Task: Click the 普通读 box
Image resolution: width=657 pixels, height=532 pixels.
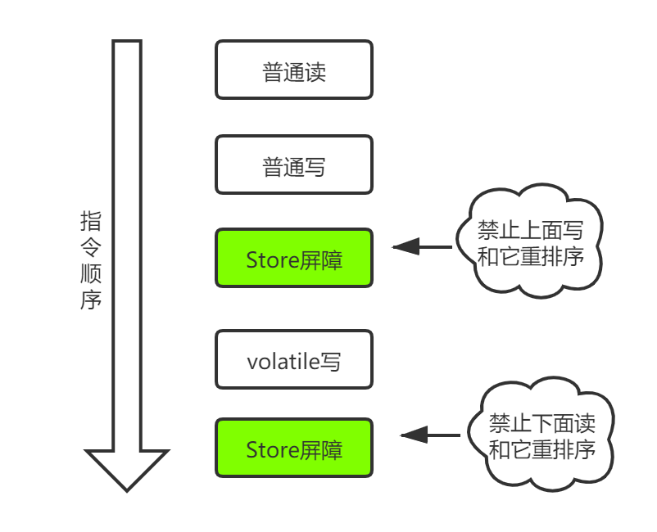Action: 294,70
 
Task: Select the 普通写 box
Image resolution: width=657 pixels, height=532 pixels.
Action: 294,165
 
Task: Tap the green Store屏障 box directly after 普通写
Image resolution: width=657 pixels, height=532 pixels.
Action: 294,259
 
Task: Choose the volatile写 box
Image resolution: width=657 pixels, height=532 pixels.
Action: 294,359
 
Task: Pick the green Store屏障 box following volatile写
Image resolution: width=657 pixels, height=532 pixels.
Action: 294,448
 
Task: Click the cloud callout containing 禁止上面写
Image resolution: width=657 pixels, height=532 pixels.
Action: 531,243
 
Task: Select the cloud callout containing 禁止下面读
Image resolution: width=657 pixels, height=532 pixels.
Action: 541,435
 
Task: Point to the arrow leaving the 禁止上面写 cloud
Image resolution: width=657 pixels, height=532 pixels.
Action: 422,246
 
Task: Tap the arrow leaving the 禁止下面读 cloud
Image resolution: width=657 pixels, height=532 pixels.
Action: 430,435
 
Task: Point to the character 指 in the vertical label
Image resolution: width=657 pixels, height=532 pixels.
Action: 91,222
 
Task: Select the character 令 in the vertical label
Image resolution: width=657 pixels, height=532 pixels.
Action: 91,248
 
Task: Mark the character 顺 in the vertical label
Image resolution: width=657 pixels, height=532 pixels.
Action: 91,274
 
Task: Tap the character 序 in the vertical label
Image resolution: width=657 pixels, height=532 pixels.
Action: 91,300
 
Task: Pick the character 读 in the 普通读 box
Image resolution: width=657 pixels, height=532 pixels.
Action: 315,71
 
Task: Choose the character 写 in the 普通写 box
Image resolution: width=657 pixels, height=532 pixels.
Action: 315,166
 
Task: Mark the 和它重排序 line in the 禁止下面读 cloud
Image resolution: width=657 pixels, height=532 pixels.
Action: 541,449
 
